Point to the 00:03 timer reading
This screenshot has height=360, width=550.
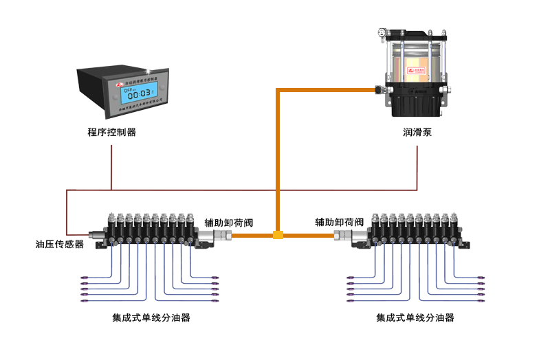(137, 95)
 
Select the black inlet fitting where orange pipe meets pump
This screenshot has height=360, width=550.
(377, 89)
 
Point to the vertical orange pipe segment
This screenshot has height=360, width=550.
(277, 158)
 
